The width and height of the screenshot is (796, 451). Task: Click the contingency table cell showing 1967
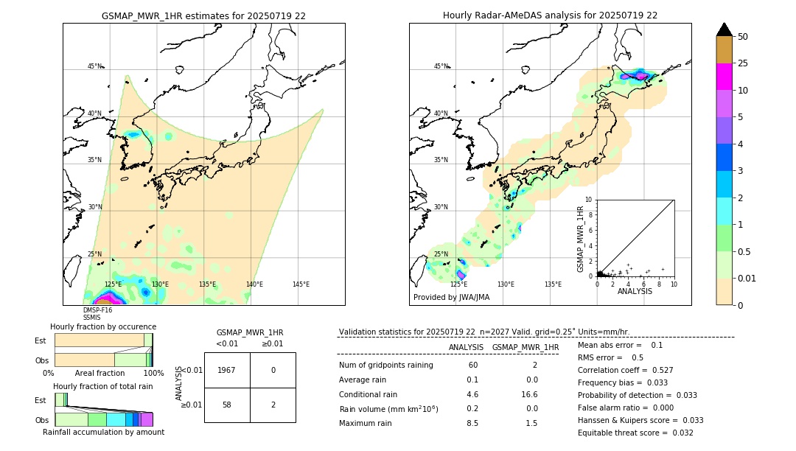[227, 370]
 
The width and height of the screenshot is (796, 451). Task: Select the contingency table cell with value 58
[227, 405]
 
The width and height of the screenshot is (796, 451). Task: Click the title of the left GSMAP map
[203, 15]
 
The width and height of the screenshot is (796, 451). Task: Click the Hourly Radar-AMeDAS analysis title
[550, 15]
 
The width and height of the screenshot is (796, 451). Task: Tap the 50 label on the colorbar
[743, 37]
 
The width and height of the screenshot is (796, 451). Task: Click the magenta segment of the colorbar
[724, 77]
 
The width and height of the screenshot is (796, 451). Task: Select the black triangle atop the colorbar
[724, 29]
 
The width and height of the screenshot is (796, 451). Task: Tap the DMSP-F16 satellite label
[97, 310]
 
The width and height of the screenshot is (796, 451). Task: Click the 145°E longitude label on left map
[301, 284]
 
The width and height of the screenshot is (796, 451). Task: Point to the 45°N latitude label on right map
[440, 66]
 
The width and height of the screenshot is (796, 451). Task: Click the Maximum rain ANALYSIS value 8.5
[472, 424]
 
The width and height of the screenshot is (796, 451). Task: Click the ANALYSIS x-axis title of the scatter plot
[635, 291]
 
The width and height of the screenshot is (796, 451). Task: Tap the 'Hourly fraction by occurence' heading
[103, 326]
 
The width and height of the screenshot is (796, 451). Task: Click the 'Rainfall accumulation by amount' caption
[103, 432]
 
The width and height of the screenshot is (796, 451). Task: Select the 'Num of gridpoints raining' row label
[386, 366]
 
